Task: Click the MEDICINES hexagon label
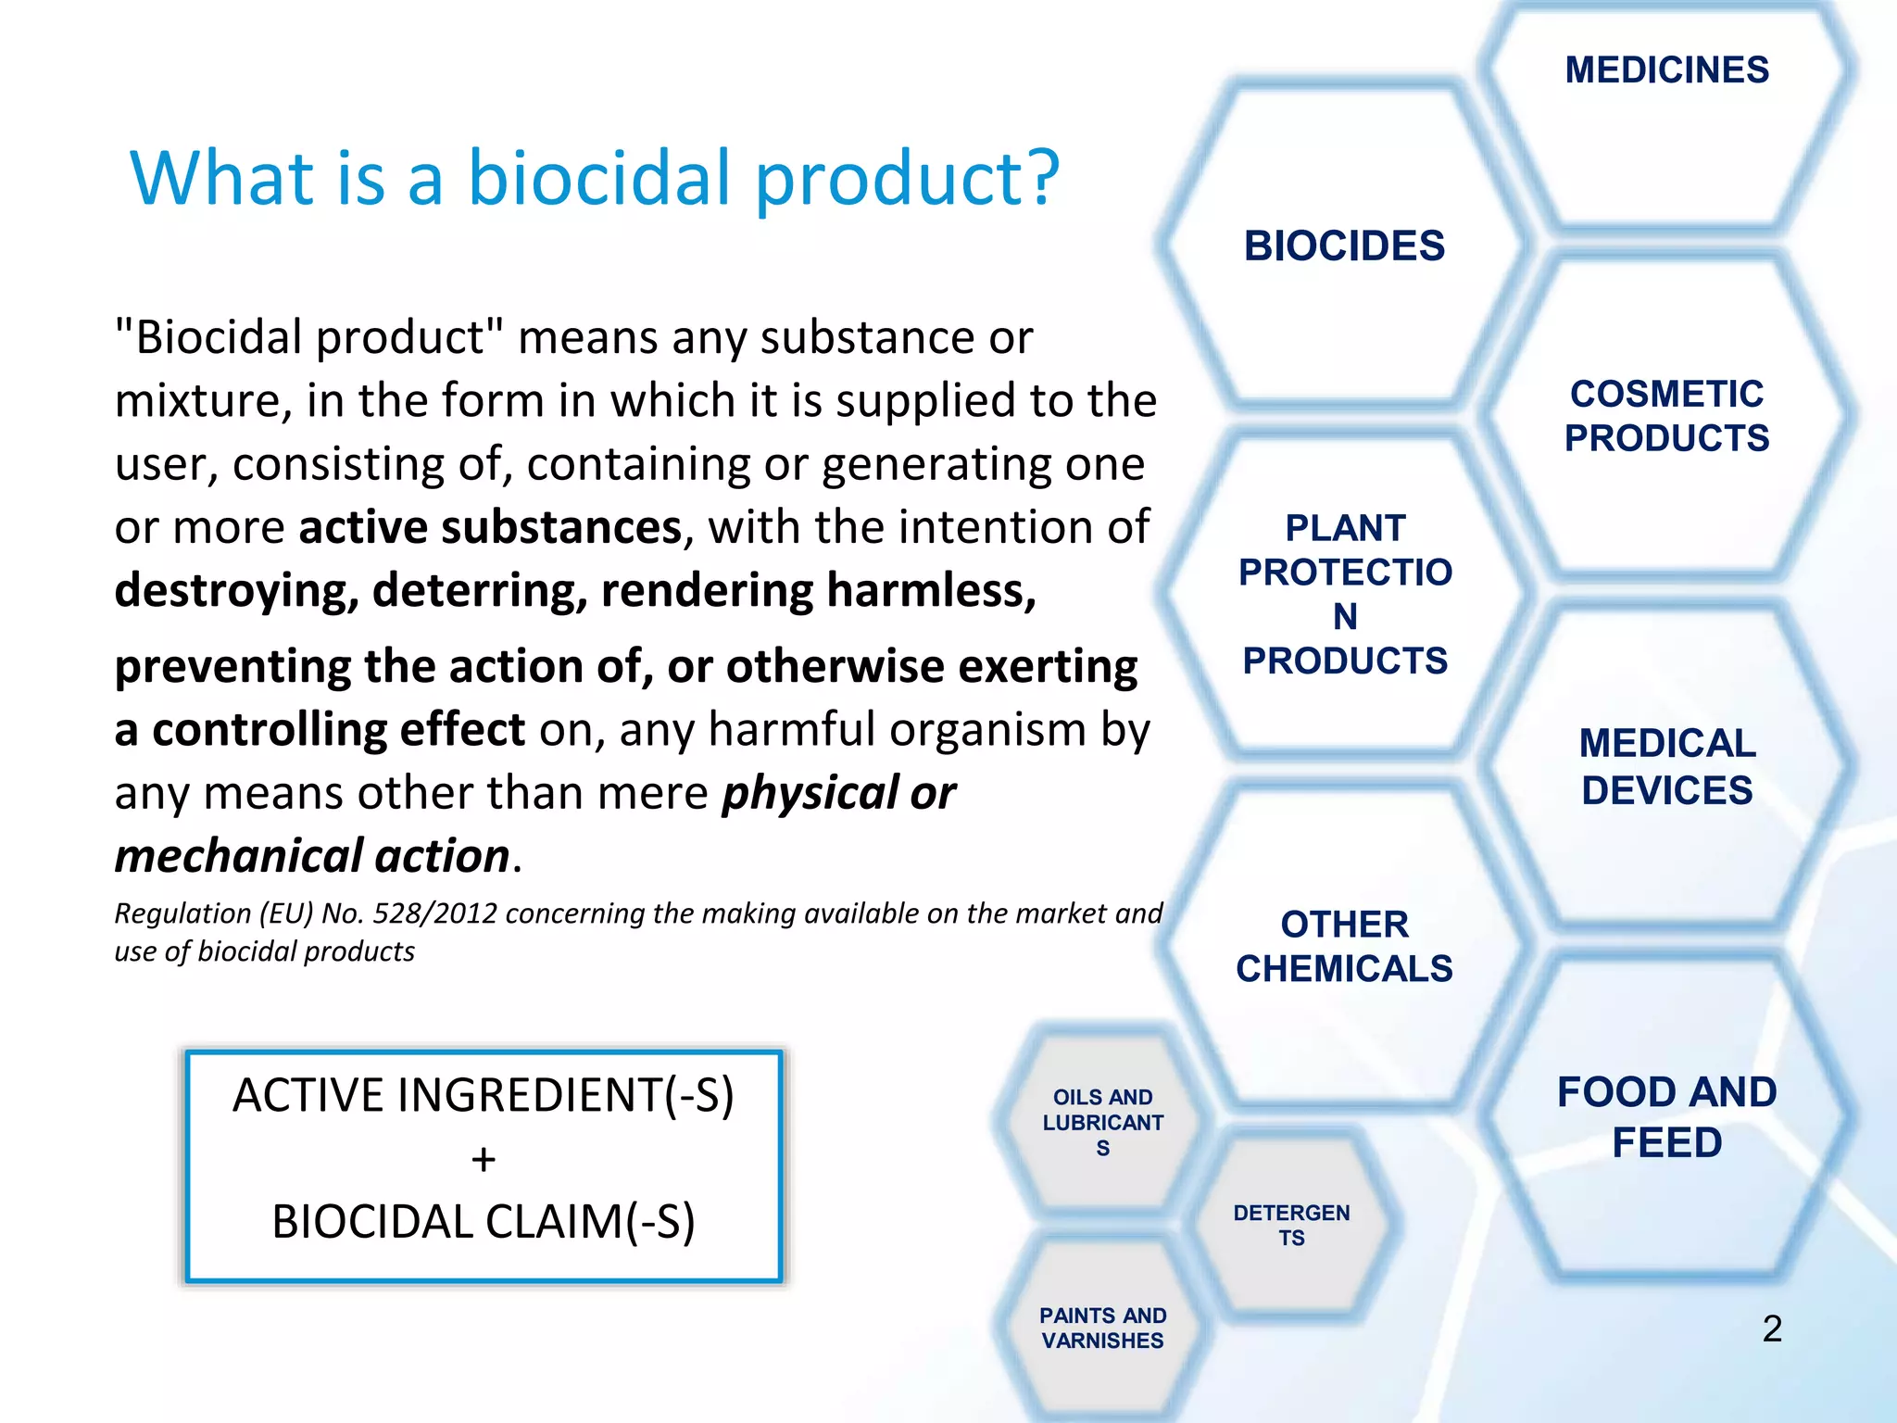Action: click(1666, 70)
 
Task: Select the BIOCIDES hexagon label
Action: click(1344, 246)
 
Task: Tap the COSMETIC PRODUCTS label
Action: click(1666, 416)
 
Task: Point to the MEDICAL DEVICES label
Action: click(1666, 766)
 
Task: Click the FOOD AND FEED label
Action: click(1666, 1117)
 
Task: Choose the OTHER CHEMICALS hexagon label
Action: click(1344, 946)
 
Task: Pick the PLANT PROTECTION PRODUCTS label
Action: click(1344, 594)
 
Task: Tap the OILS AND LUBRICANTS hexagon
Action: click(1102, 1122)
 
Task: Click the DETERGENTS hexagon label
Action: click(1291, 1225)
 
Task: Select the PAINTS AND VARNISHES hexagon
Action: click(1102, 1328)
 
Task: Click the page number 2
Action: click(1771, 1329)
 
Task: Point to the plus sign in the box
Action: click(484, 1160)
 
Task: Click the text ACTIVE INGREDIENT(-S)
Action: click(484, 1095)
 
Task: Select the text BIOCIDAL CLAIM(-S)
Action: click(484, 1222)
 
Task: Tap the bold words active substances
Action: click(490, 527)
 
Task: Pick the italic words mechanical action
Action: click(312, 856)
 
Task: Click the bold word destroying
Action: click(236, 591)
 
